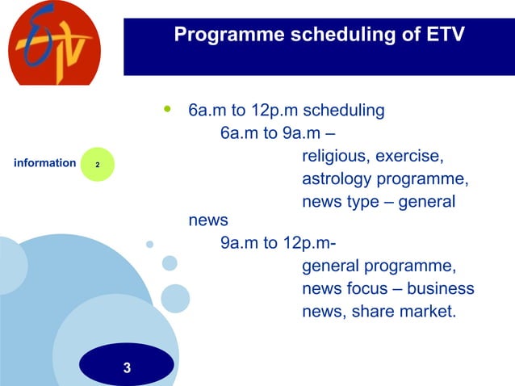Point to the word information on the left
tap(45, 163)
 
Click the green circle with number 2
tap(97, 164)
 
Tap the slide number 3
tap(127, 369)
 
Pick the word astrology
tap(335, 178)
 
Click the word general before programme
tap(331, 266)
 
